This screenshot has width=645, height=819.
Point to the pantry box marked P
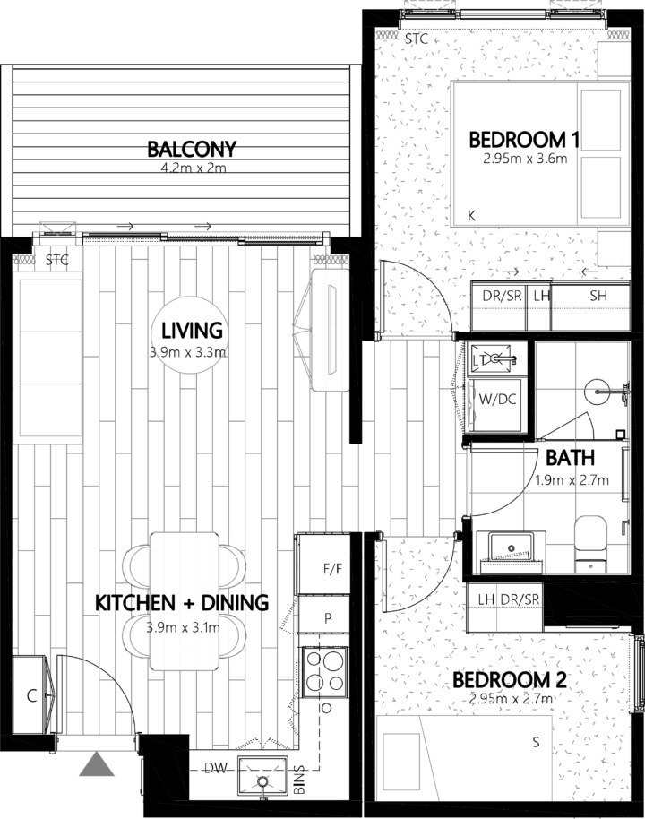click(x=328, y=618)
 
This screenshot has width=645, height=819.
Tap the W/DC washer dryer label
click(x=495, y=399)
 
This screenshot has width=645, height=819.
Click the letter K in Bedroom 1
click(x=472, y=216)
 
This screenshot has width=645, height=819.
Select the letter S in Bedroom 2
click(x=536, y=742)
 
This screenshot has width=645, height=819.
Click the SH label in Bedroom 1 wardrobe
click(x=597, y=296)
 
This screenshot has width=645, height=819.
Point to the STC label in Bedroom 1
click(x=416, y=39)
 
